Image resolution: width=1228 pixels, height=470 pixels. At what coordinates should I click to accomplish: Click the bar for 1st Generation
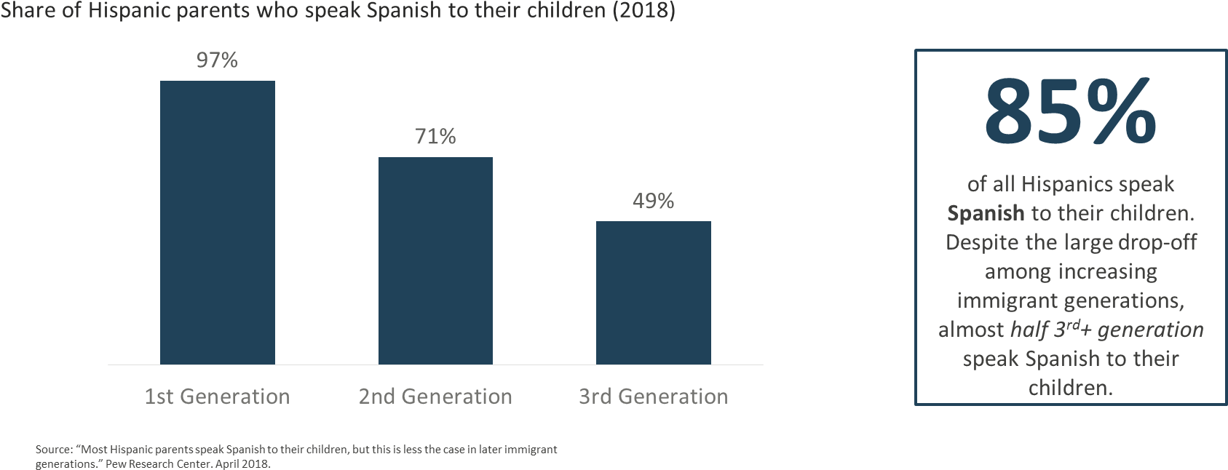[217, 222]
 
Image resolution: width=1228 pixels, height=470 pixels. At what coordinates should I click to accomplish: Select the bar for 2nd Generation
[435, 260]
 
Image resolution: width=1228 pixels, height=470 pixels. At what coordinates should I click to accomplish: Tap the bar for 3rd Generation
[653, 292]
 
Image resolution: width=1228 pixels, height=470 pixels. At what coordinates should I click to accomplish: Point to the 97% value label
[217, 60]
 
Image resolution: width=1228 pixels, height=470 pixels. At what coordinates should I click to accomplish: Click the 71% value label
[435, 137]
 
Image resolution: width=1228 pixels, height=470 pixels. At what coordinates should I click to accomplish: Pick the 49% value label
[653, 201]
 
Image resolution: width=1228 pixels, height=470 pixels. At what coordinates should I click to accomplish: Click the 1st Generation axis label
[217, 397]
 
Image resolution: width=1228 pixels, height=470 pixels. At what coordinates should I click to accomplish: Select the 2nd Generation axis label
[435, 397]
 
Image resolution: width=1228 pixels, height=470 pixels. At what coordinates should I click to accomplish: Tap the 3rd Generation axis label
[653, 397]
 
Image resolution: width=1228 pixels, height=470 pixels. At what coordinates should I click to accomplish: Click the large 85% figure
[1070, 113]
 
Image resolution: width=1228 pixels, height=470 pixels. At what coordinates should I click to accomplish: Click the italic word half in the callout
[1030, 330]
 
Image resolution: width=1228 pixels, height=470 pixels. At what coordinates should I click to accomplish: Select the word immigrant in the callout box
[1007, 300]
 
